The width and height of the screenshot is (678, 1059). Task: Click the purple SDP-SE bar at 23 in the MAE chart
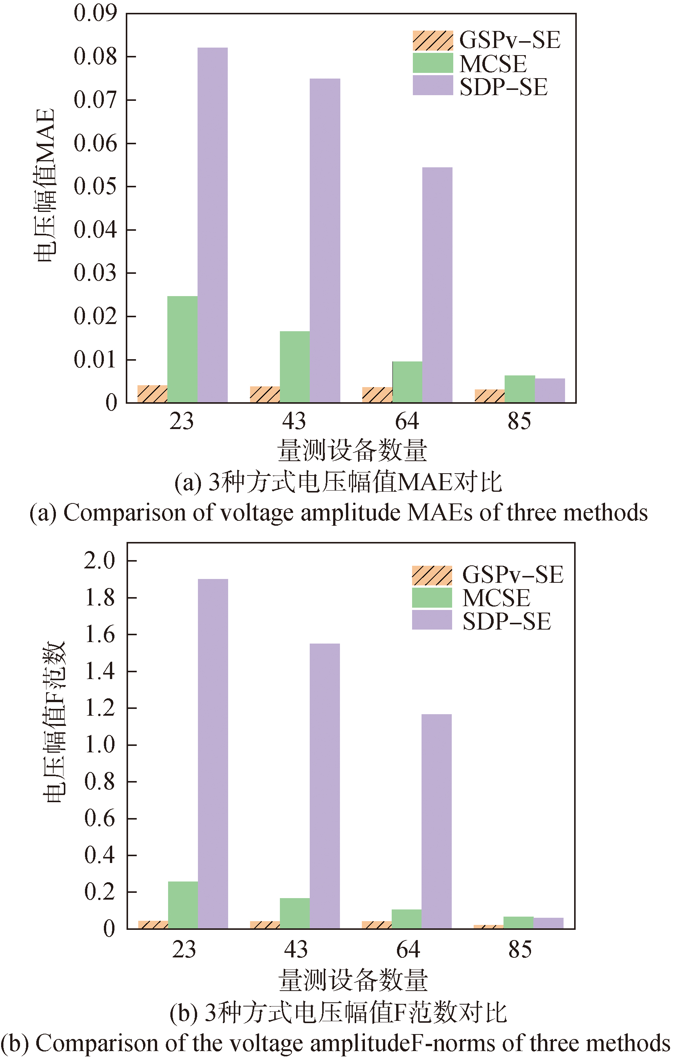point(213,224)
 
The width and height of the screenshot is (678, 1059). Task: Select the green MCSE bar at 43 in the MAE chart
point(295,367)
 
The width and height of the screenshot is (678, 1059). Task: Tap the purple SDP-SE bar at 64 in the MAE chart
point(437,285)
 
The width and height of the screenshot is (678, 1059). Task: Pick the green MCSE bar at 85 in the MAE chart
point(520,389)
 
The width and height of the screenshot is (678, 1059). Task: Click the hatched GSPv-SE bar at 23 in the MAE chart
point(152,394)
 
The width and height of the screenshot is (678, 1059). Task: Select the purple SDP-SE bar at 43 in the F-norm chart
point(325,786)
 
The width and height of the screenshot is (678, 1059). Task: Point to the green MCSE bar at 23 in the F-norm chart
point(183,905)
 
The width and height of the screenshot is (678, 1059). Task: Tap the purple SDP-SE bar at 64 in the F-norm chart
point(437,821)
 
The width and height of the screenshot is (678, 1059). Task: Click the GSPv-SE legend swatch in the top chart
point(433,40)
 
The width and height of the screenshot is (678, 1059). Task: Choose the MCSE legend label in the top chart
point(493,64)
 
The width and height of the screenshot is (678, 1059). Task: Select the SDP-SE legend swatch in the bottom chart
point(432,620)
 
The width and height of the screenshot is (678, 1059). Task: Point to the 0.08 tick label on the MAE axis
point(96,56)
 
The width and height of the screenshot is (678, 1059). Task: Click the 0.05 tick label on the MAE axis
point(96,186)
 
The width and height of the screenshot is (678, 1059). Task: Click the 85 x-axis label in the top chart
point(519,421)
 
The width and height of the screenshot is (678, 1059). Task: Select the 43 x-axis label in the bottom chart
point(296,949)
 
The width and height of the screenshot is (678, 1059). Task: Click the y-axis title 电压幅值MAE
point(45,185)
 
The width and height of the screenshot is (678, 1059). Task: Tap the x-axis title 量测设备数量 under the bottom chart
point(353,980)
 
